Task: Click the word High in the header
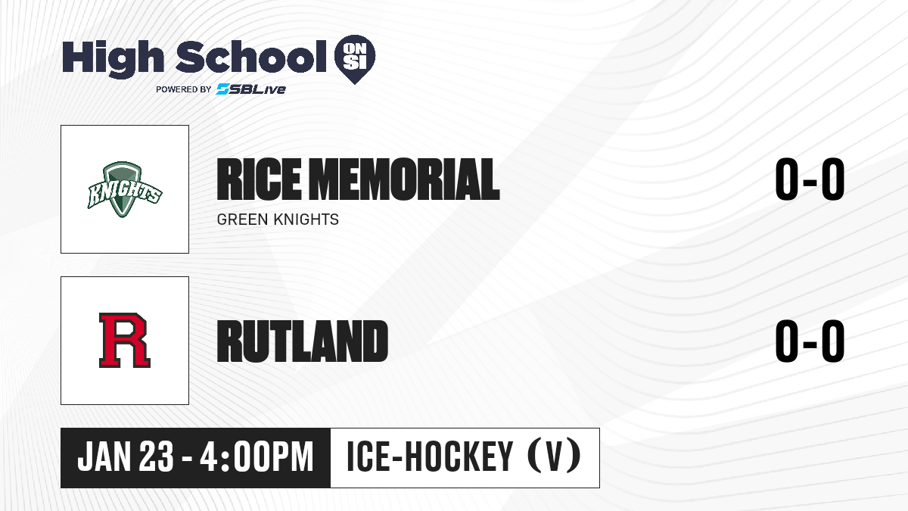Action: (x=113, y=58)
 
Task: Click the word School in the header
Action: (x=251, y=57)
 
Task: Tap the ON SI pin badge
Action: (x=355, y=59)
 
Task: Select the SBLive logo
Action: (x=251, y=89)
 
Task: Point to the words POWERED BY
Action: (x=184, y=89)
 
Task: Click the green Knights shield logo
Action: (x=125, y=189)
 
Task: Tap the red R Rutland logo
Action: (x=125, y=340)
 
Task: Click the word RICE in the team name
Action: (x=259, y=179)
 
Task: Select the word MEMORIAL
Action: (x=406, y=179)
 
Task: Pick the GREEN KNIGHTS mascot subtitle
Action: (x=278, y=220)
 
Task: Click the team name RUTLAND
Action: (x=303, y=341)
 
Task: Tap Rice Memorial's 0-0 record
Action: (x=810, y=179)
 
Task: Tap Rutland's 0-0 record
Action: (x=810, y=341)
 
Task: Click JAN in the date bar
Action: (x=104, y=456)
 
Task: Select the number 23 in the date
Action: (x=156, y=456)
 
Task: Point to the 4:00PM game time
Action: (x=257, y=456)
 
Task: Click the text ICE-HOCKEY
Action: (x=430, y=456)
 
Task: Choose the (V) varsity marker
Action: (x=554, y=456)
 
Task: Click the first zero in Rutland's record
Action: (x=787, y=341)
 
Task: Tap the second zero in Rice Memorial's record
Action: (x=833, y=179)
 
